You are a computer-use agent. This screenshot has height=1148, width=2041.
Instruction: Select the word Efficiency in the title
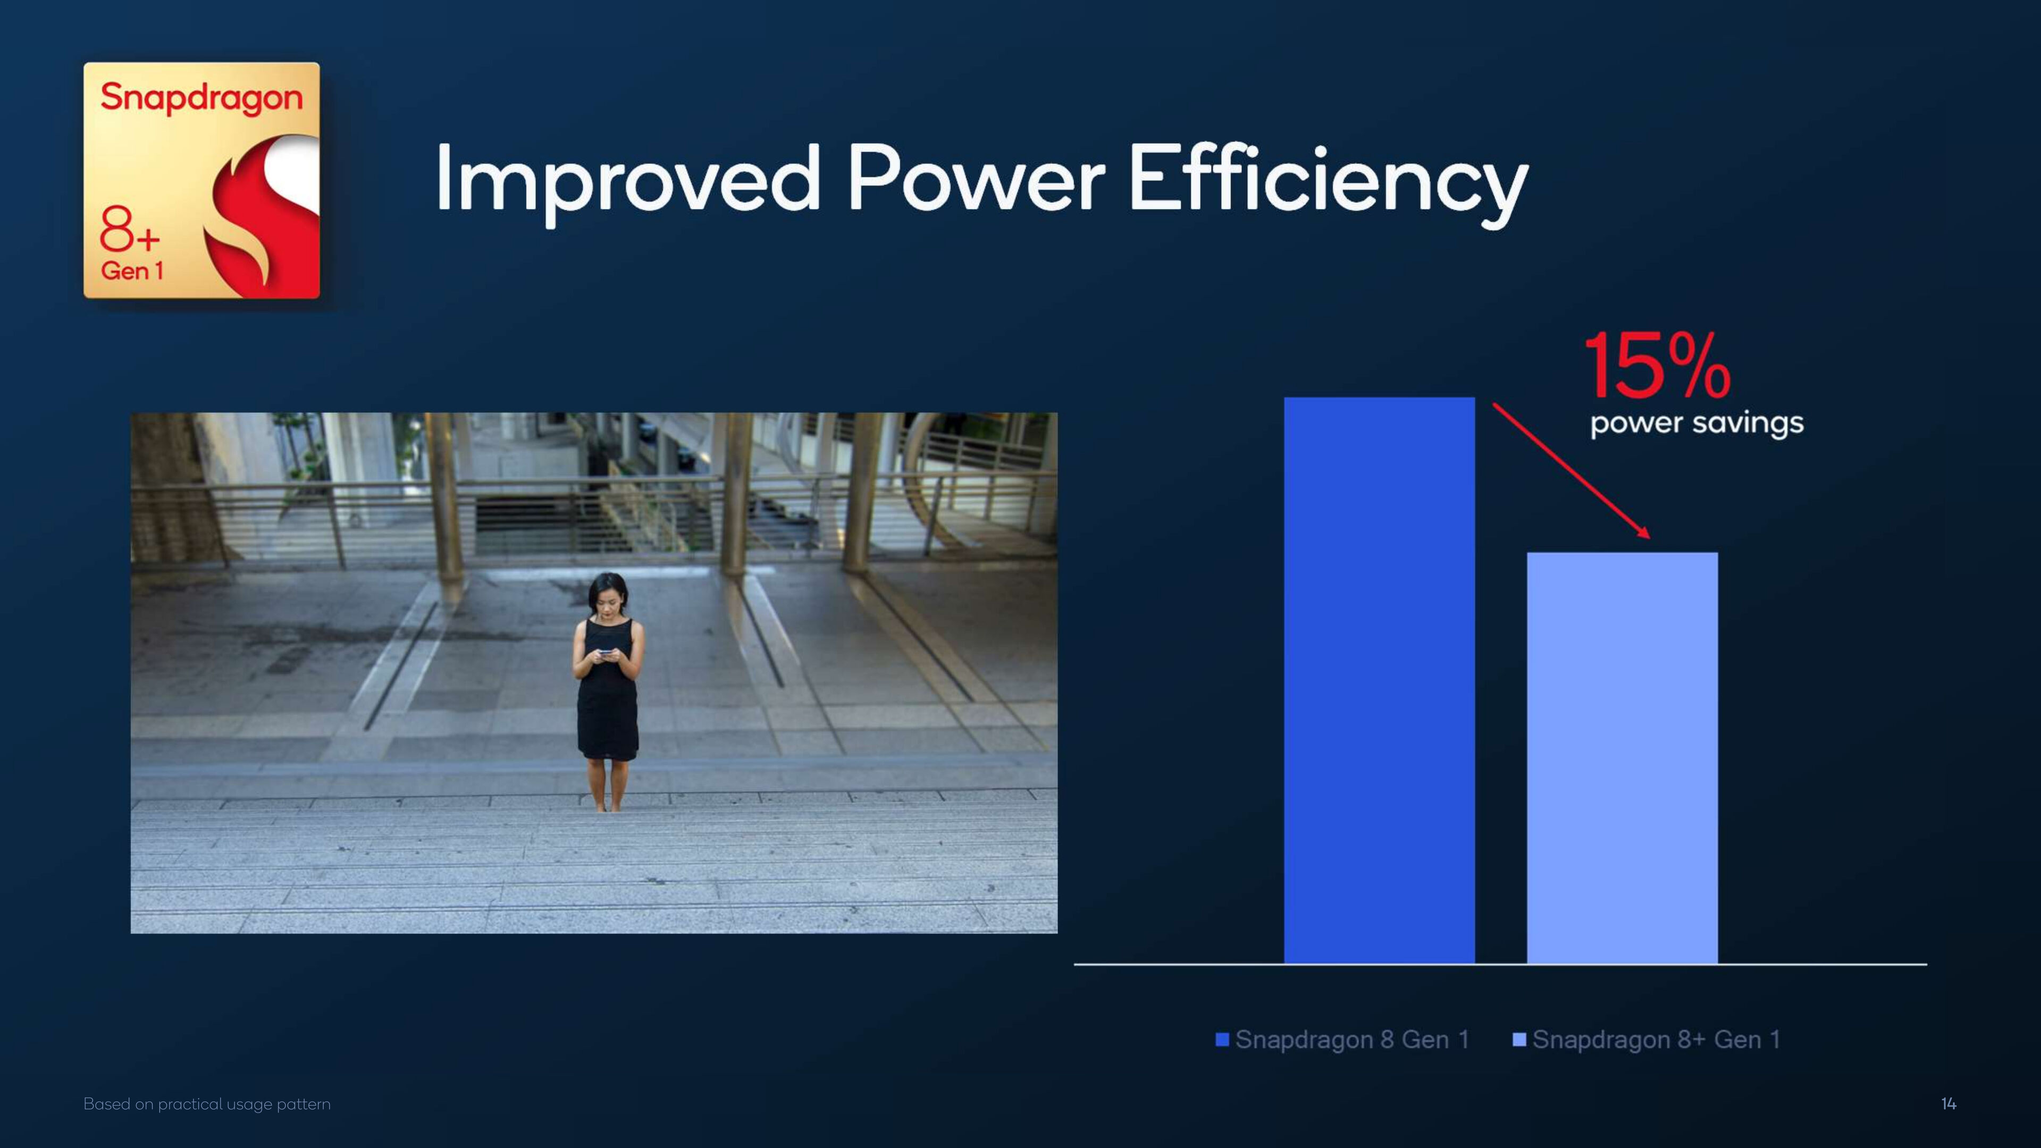(1328, 182)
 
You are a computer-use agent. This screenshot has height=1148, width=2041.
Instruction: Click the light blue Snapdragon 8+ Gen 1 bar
(1623, 757)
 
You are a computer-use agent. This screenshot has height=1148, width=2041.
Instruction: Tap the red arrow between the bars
(1571, 470)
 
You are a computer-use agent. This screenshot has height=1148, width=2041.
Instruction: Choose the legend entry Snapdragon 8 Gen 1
(1343, 1040)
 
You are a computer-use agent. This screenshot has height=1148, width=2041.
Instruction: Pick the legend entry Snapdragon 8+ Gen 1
(1647, 1040)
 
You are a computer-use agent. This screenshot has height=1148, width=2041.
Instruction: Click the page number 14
(1948, 1104)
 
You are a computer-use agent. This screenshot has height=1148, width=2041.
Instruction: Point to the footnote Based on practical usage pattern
(207, 1104)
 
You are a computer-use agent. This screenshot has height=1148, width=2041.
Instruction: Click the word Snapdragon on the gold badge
(201, 98)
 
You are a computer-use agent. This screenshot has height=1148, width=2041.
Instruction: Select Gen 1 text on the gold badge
(131, 271)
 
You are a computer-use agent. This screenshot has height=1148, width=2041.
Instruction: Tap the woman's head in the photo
(608, 594)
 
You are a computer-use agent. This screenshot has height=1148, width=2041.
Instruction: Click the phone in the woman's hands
(606, 654)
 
